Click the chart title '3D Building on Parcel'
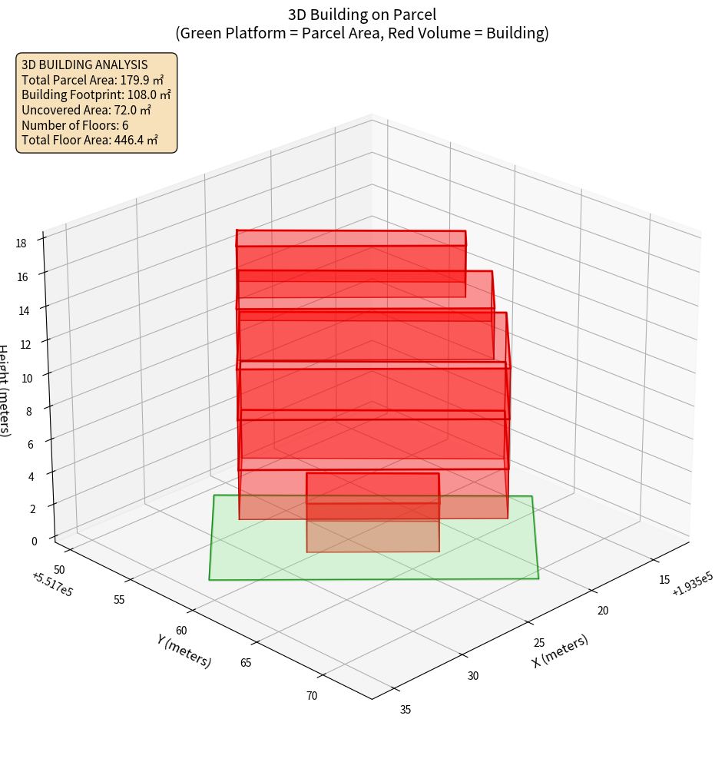tap(362, 14)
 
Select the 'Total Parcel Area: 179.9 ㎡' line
tap(93, 79)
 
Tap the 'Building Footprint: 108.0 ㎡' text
tap(96, 94)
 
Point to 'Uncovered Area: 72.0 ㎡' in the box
tap(91, 110)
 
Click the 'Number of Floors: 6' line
tap(75, 125)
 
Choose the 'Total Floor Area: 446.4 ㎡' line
tap(90, 141)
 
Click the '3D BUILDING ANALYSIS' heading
tap(84, 64)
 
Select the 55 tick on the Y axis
tap(119, 599)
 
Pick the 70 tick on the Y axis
tap(312, 696)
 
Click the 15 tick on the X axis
tap(664, 580)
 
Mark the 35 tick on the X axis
tap(406, 709)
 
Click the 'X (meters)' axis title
tap(560, 651)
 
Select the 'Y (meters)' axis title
tap(184, 650)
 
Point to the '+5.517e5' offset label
tap(52, 585)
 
